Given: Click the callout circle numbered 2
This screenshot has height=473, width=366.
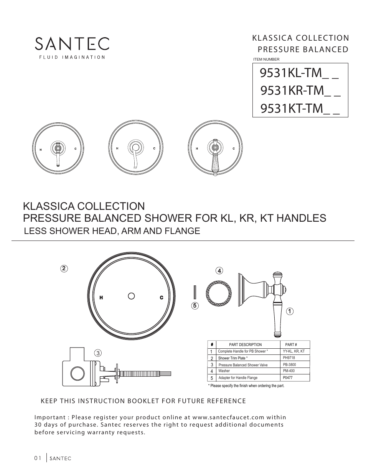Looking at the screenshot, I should click(64, 269).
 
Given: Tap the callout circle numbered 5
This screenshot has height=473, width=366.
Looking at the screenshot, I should click(195, 306).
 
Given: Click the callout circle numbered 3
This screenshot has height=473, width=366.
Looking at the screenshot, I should click(98, 353).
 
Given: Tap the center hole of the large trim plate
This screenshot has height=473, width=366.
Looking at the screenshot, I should click(131, 296).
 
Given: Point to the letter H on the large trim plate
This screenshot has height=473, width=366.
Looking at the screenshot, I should click(101, 298).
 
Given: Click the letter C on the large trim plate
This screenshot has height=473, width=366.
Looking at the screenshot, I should click(162, 298).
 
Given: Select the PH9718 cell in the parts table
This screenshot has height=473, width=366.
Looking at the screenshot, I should click(289, 358).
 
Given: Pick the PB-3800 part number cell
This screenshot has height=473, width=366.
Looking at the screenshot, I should click(289, 364).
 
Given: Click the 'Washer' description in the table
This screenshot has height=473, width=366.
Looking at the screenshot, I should click(224, 371).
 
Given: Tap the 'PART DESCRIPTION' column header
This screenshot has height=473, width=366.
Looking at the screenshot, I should click(245, 344).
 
